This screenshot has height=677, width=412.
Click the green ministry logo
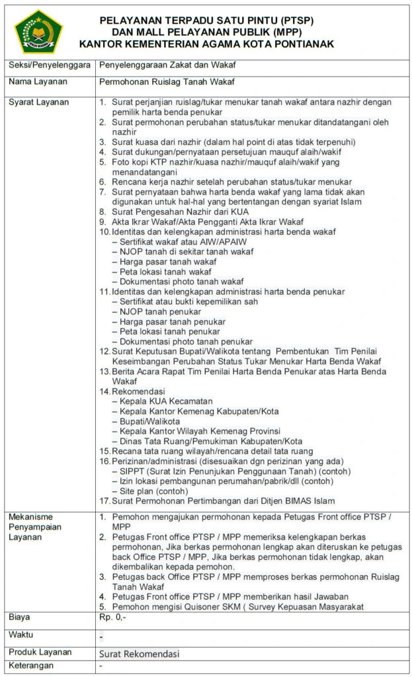(38, 30)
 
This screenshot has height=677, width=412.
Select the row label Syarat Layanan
(37, 102)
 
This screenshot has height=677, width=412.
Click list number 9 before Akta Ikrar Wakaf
(102, 221)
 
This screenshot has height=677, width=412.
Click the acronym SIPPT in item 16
(132, 471)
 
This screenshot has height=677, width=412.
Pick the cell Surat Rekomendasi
(140, 653)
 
